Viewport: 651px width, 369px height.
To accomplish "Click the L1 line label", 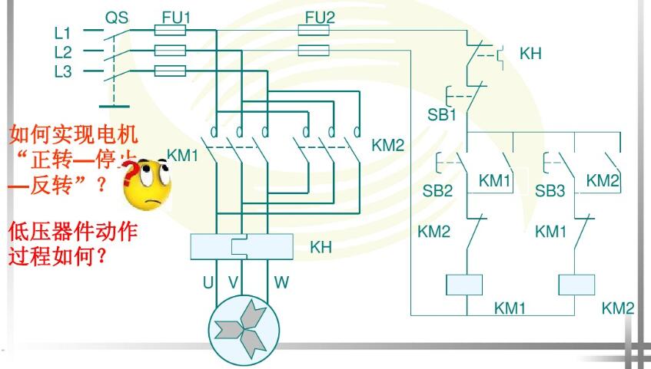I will [x=63, y=33].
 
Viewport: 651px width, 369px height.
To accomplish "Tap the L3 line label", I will [x=63, y=71].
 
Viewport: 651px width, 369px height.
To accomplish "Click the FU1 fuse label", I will [x=176, y=17].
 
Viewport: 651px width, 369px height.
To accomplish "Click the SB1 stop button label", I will [x=442, y=116].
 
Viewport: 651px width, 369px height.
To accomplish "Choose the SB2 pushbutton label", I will [x=437, y=191].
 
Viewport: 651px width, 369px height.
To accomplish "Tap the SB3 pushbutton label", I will [x=550, y=191].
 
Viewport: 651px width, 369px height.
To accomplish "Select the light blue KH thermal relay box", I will [x=242, y=247].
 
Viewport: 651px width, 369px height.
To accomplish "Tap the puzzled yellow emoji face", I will [x=149, y=180].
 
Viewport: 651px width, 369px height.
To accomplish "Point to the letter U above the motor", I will [x=208, y=283].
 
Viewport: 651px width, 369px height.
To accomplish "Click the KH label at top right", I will [x=530, y=54].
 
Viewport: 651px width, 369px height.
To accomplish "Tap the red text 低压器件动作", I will [x=73, y=232].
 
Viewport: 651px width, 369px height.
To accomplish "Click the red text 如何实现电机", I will [x=73, y=136].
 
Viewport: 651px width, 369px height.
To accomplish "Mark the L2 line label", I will [x=63, y=52].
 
